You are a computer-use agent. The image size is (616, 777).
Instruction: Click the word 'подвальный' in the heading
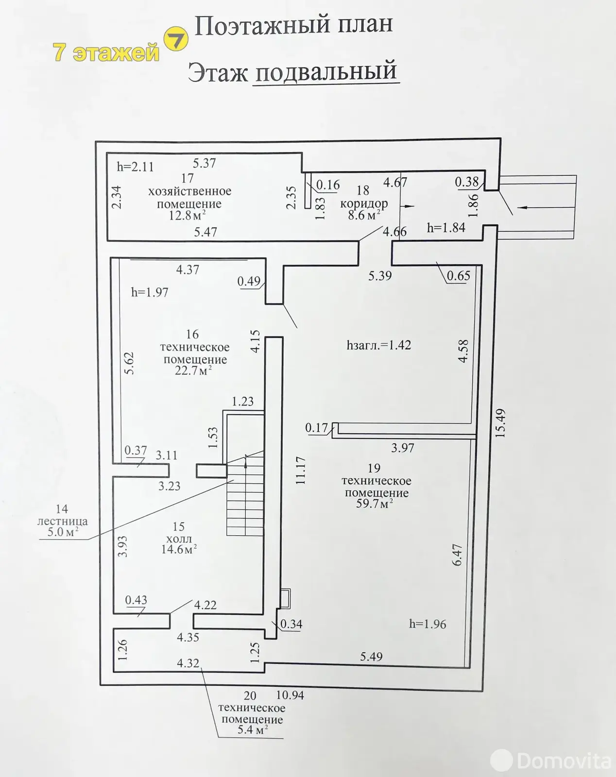(x=326, y=71)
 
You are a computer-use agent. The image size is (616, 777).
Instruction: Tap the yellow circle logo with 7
(x=176, y=39)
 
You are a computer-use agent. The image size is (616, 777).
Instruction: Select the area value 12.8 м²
(x=188, y=216)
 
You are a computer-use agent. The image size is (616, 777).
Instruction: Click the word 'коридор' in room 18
(x=364, y=203)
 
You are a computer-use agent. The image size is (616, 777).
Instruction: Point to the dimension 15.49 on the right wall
(x=500, y=423)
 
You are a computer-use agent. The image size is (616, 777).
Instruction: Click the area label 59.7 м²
(x=374, y=503)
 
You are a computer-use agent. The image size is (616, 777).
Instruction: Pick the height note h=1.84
(x=446, y=228)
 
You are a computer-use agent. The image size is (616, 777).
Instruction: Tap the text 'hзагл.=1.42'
(x=378, y=345)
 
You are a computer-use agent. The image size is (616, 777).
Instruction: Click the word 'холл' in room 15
(x=179, y=539)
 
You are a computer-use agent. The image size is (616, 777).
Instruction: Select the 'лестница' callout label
(x=63, y=522)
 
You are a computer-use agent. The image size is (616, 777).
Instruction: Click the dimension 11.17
(x=301, y=471)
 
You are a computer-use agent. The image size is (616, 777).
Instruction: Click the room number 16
(x=192, y=334)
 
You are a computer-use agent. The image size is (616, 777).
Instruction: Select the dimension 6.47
(x=457, y=555)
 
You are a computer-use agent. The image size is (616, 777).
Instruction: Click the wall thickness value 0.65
(x=459, y=276)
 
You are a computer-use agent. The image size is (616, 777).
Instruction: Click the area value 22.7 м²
(x=193, y=371)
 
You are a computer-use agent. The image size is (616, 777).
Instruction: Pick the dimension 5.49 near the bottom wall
(x=371, y=656)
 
